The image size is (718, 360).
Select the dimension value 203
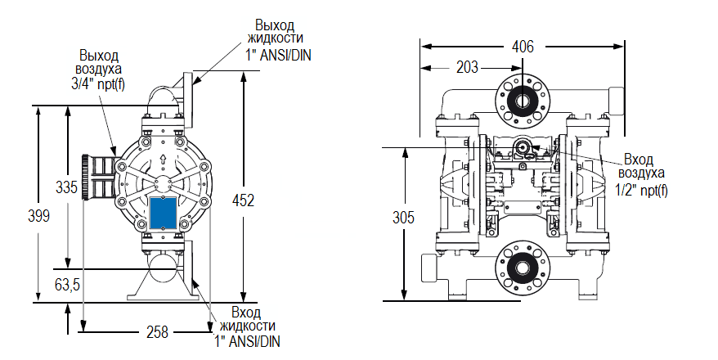click(467, 68)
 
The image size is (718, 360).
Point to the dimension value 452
click(243, 200)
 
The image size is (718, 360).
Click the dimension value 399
click(38, 216)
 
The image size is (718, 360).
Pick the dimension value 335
click(66, 187)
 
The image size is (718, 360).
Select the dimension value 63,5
click(66, 286)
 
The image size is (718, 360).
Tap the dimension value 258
click(156, 331)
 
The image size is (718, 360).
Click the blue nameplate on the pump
click(164, 212)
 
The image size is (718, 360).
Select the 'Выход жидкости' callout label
click(279, 31)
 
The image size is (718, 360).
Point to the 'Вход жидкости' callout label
click(245, 320)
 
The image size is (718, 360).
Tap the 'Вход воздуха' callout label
click(641, 166)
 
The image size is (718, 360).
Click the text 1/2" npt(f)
click(641, 191)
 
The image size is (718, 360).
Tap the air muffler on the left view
click(97, 178)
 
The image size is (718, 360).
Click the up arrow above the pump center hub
click(164, 160)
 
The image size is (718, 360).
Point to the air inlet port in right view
click(521, 148)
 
